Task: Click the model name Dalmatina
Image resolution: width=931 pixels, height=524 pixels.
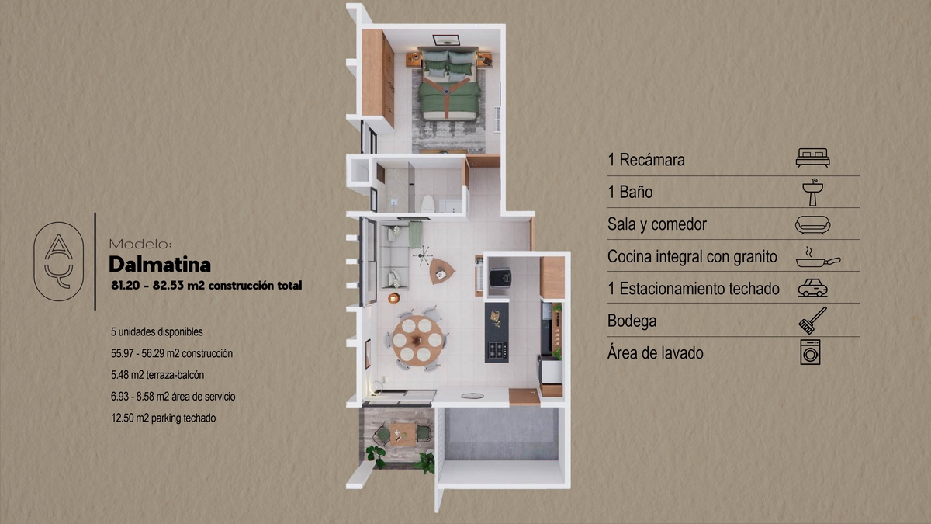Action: tap(160, 265)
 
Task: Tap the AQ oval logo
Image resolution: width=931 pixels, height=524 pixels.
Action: tap(59, 261)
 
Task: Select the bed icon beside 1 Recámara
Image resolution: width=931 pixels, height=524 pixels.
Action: tap(812, 158)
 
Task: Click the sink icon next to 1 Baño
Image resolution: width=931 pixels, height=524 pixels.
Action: tap(813, 193)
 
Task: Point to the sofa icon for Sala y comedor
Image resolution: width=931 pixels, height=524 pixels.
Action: tap(812, 225)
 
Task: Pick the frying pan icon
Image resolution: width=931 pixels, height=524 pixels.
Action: tap(818, 258)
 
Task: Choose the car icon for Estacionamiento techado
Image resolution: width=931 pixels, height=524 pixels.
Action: tap(812, 288)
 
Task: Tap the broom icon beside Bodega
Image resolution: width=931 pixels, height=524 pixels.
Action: tap(812, 320)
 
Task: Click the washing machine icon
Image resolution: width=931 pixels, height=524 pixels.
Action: tap(810, 352)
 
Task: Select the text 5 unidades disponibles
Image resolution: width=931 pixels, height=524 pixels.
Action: tap(157, 332)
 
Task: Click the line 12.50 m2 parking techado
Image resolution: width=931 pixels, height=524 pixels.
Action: tap(164, 418)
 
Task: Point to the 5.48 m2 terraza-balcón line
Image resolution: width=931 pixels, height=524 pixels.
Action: tap(157, 375)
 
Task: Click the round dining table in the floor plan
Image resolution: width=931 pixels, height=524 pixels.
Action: tap(417, 341)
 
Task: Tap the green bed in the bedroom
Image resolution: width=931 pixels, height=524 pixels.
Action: tap(449, 85)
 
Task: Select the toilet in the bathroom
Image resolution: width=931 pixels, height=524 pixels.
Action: tap(427, 203)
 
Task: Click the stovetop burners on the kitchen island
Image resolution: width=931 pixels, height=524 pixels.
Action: tap(497, 350)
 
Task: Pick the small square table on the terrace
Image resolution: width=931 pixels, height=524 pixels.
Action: tap(403, 434)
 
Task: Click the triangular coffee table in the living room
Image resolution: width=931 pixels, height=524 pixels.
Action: tap(441, 271)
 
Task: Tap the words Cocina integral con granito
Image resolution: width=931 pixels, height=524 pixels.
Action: tap(692, 257)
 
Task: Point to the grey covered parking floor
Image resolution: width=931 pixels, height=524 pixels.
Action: tap(501, 434)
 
